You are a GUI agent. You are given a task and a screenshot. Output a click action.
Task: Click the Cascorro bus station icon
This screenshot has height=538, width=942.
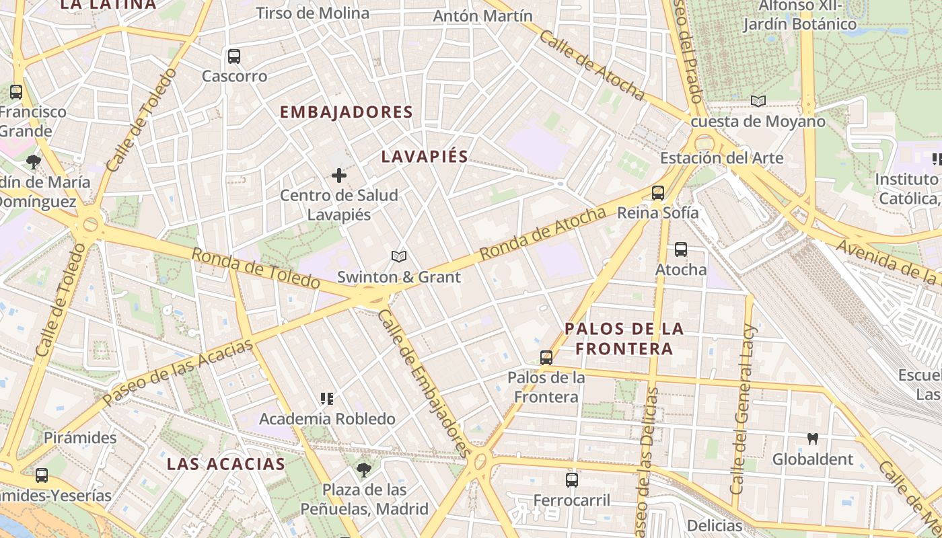pos(234,56)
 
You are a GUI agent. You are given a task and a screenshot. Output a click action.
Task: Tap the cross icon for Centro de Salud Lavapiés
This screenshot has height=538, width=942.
pos(339,176)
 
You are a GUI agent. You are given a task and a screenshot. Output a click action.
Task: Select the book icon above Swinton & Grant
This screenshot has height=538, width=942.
pos(399,257)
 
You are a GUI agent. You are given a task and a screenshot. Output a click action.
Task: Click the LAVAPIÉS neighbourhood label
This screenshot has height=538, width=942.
pos(425,157)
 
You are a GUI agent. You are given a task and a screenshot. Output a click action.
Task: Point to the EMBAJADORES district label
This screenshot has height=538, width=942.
pos(346,112)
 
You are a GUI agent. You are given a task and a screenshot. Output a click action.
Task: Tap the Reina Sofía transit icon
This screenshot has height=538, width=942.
pos(658,193)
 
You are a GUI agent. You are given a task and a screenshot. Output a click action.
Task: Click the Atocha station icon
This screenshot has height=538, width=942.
pos(681,249)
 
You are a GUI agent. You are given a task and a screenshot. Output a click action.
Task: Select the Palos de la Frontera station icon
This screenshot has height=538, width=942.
pos(546,358)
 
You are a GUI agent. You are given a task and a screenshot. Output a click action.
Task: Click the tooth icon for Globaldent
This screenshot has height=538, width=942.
pos(813,438)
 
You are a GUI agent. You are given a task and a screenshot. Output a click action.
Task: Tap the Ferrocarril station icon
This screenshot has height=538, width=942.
pos(572,480)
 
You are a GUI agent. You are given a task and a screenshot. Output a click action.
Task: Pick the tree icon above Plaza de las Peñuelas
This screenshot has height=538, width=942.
pos(364,469)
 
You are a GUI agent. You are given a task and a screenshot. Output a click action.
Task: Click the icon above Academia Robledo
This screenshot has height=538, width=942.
pos(327,399)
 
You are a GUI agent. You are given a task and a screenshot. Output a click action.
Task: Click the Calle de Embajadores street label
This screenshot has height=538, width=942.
pos(423,383)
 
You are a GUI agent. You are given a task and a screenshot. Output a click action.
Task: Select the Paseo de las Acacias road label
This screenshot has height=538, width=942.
pos(178,373)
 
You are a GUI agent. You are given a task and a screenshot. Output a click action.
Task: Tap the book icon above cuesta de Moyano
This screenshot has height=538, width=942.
pos(758,102)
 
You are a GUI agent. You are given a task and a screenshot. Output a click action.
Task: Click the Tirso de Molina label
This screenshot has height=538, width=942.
pos(313,13)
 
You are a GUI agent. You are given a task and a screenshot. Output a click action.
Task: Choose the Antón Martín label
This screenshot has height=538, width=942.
pos(483,15)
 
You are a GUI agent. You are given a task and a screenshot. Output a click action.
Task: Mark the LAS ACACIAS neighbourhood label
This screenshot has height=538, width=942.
pos(226,464)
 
